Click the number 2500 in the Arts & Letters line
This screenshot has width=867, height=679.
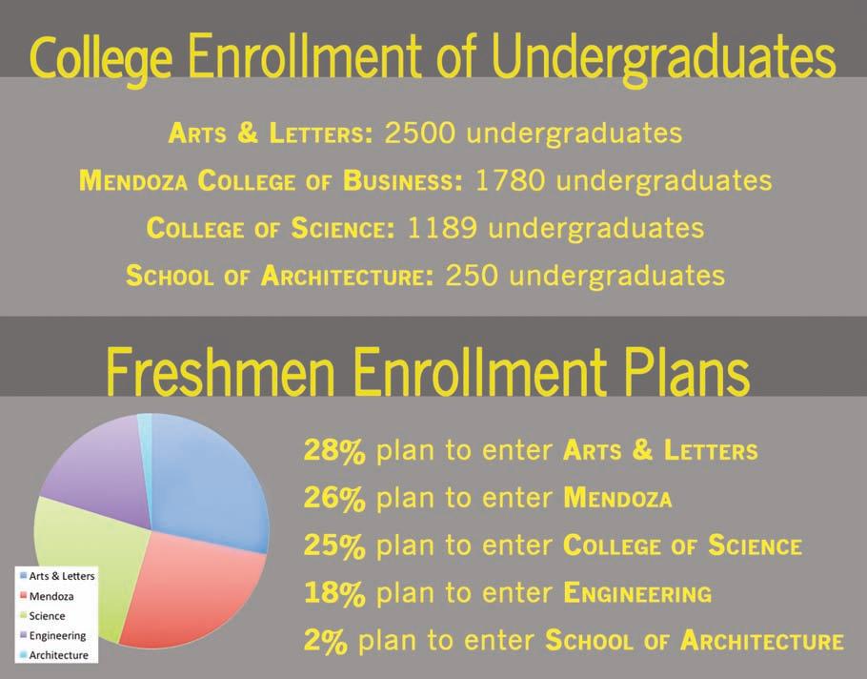point(419,133)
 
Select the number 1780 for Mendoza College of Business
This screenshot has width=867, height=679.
point(510,180)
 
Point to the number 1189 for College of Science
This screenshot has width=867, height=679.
point(442,228)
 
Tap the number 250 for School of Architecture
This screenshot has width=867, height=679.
point(471,276)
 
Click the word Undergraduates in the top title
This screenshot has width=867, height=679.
point(663,58)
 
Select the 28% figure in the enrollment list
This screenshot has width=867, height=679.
point(334,450)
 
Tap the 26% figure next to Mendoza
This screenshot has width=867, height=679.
point(334,498)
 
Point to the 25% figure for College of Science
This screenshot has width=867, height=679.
point(334,545)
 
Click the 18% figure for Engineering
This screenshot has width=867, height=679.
point(334,593)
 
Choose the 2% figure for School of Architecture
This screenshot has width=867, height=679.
point(326,641)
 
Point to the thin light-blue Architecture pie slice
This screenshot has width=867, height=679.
point(145,437)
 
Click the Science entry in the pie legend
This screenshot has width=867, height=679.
point(47,616)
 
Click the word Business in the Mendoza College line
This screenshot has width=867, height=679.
point(402,181)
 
